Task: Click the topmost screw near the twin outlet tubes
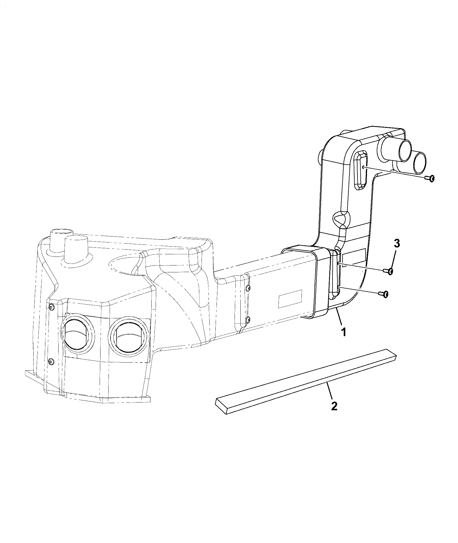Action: (429, 179)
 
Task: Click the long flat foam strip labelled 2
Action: (306, 382)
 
